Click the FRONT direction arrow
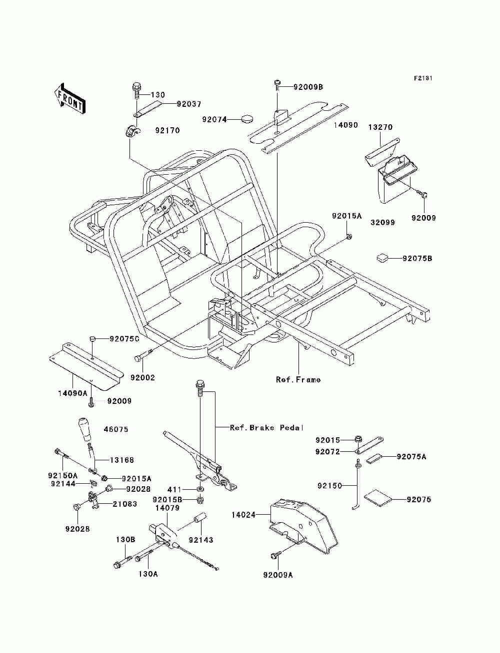click(69, 98)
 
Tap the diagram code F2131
click(423, 78)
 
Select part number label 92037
click(189, 104)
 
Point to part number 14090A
click(72, 393)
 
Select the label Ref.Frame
click(298, 379)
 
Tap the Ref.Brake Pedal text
click(266, 428)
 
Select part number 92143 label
click(201, 540)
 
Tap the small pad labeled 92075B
click(382, 258)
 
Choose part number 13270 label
click(380, 127)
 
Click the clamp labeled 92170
click(131, 131)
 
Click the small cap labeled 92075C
click(92, 338)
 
